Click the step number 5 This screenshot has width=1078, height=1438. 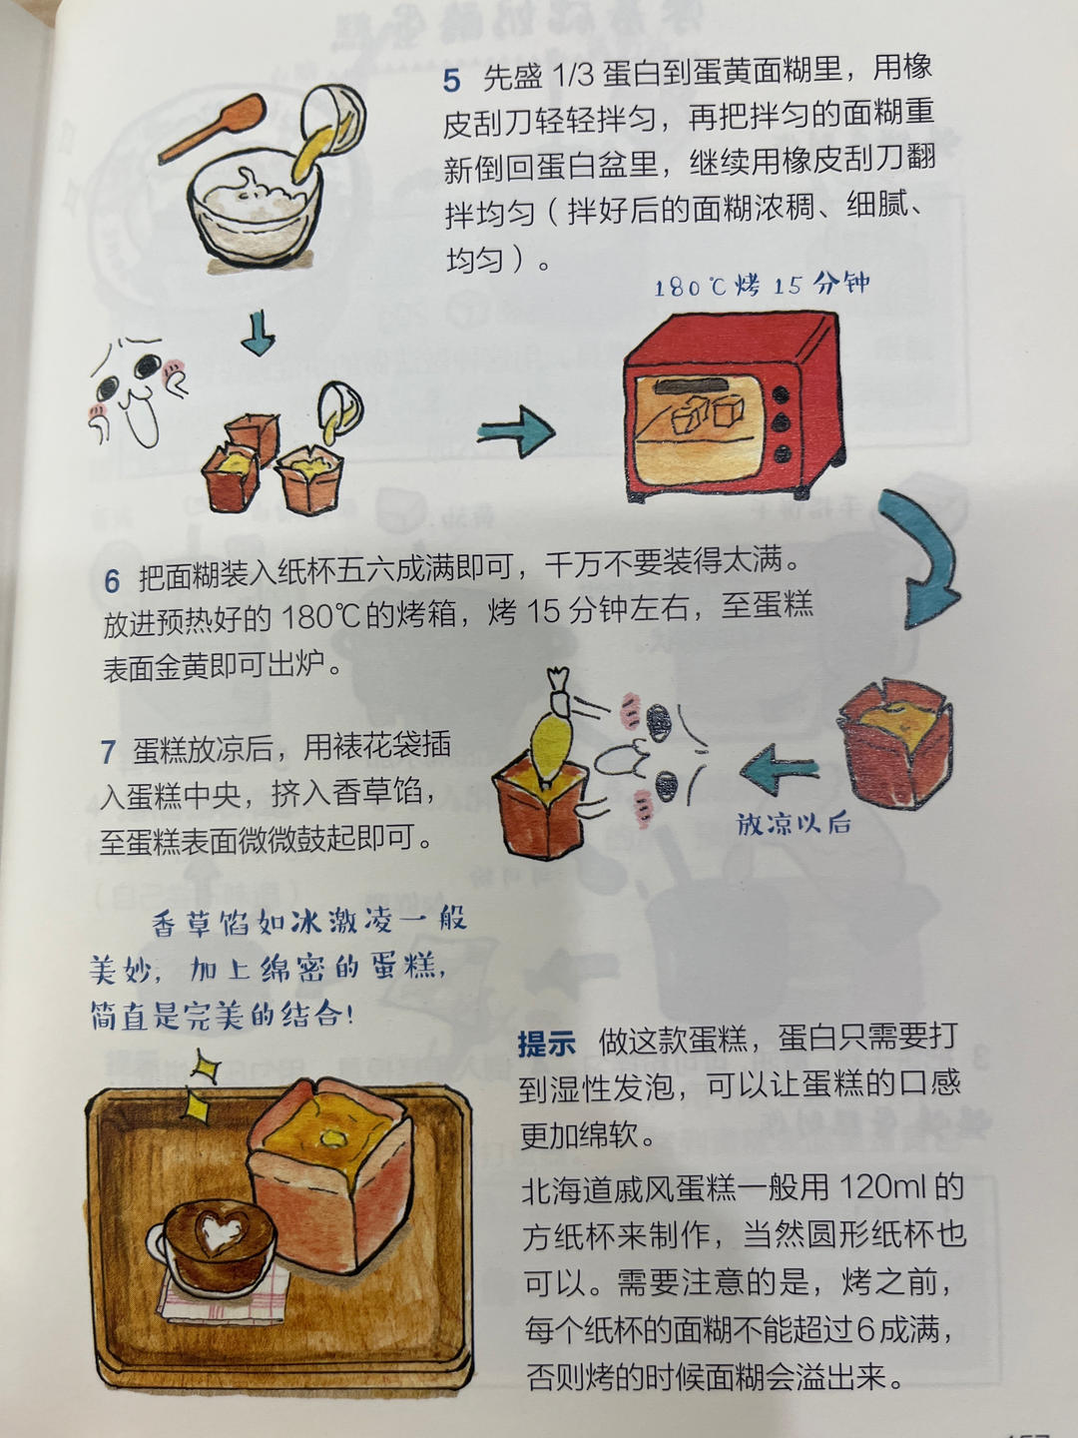[x=452, y=80]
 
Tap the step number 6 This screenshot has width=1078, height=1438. [x=112, y=580]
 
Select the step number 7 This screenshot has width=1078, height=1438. [x=108, y=751]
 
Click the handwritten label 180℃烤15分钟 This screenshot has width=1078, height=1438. [x=761, y=286]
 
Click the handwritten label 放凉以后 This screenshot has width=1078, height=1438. [x=794, y=824]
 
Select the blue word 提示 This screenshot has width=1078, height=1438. [x=546, y=1044]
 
